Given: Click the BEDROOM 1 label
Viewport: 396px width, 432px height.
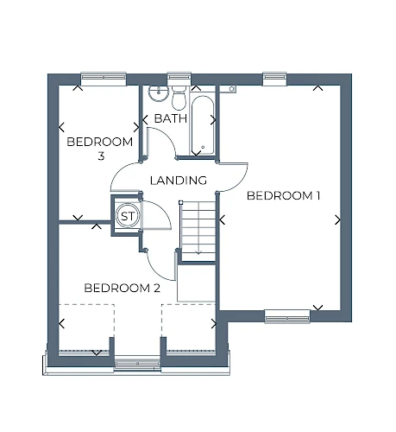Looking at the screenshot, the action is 283,196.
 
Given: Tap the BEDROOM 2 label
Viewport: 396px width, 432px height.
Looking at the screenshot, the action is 122,288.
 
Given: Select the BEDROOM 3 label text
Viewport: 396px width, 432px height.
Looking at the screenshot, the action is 100,149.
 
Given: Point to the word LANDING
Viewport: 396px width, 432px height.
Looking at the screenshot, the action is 179,181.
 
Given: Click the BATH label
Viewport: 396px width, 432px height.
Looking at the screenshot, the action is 171,118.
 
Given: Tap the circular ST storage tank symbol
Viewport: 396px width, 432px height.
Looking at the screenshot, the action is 128,216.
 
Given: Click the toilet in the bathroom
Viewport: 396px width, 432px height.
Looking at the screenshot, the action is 179,98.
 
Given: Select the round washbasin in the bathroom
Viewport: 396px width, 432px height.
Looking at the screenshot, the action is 158,92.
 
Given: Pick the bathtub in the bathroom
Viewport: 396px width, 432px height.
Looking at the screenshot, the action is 203,125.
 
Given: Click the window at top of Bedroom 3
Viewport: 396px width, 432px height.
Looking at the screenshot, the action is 104,78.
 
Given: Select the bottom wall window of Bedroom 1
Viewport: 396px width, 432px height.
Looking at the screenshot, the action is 287,316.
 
